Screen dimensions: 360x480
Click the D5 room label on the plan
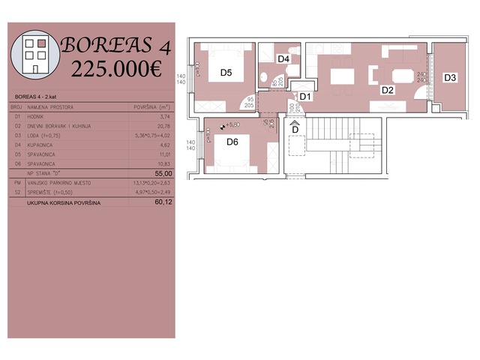click(226, 73)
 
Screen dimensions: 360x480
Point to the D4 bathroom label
click(283, 58)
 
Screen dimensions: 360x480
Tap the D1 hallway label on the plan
click(305, 96)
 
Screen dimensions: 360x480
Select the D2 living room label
click(387, 90)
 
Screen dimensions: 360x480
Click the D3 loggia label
click(449, 77)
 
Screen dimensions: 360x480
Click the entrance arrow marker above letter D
click(295, 121)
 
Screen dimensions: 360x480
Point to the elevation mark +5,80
click(233, 124)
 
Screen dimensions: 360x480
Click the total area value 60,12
click(163, 202)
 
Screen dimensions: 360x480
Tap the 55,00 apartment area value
click(163, 172)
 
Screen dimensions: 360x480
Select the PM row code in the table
click(16, 181)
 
